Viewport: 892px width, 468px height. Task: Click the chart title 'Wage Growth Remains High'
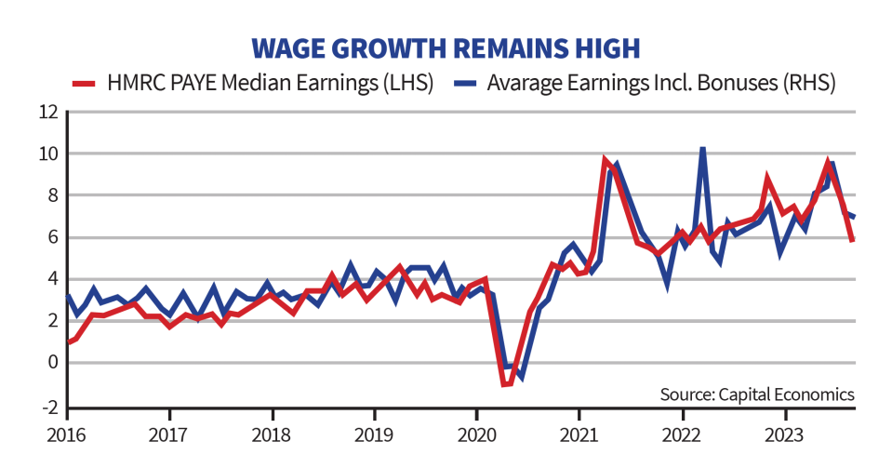pos(446,47)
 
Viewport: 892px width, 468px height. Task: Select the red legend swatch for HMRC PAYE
pos(87,82)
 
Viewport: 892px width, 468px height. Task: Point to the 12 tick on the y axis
pos(47,112)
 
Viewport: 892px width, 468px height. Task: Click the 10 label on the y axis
pos(47,154)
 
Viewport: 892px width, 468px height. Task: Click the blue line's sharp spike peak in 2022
pos(702,149)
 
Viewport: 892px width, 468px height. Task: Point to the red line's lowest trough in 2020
pos(505,384)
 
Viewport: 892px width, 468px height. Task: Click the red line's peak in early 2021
pos(605,160)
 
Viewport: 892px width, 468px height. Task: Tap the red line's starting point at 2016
pos(69,341)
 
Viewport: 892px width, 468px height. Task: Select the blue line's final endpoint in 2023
pos(854,217)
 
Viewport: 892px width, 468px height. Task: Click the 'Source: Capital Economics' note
pos(756,394)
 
